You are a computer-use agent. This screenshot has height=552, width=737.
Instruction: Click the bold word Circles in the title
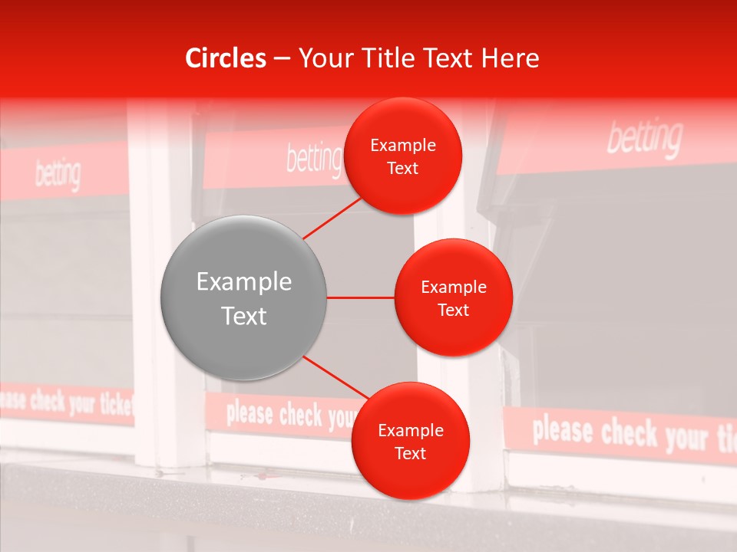(226, 58)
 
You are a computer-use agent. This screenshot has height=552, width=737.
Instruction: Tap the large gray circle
(243, 298)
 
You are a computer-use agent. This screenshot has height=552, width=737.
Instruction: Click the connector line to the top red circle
(332, 218)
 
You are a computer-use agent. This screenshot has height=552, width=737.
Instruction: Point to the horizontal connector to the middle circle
(360, 297)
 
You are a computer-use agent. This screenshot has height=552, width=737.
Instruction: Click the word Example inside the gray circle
(244, 282)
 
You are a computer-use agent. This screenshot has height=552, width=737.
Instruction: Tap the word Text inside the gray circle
(244, 316)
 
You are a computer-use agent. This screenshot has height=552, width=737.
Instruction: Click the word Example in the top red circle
(403, 145)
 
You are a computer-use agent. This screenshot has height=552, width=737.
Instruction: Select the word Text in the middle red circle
(454, 310)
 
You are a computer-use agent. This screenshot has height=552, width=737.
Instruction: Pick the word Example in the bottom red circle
(410, 430)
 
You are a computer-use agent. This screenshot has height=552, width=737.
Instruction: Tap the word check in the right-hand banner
(630, 432)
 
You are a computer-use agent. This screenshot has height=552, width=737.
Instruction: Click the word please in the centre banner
(250, 414)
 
